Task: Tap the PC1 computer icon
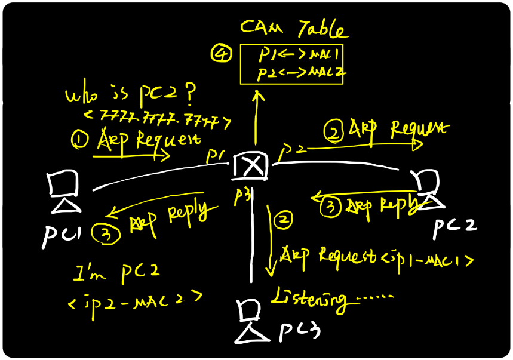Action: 64,192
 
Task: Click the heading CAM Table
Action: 293,28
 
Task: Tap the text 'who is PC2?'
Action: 131,95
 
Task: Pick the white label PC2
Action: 454,226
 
